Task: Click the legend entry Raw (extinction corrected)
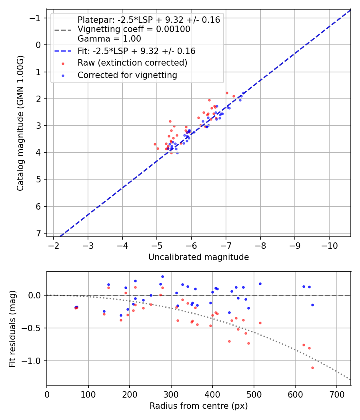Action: pos(132,63)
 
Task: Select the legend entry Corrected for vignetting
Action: pos(127,75)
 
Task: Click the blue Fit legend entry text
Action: pos(136,51)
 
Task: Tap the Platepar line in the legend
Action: pos(148,20)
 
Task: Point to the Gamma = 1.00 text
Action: pos(109,39)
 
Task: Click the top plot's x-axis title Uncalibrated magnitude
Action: pos(198,257)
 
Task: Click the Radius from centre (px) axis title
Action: pos(198,406)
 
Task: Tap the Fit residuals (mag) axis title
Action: pos(12,328)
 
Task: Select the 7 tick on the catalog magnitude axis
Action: pos(39,233)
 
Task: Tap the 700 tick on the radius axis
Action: pos(336,394)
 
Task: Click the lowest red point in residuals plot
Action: pos(312,368)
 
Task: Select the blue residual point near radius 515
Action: pos(260,284)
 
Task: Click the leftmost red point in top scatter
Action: pos(155,144)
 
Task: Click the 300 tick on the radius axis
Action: pos(171,394)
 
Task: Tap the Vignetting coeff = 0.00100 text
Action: pos(134,29)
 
